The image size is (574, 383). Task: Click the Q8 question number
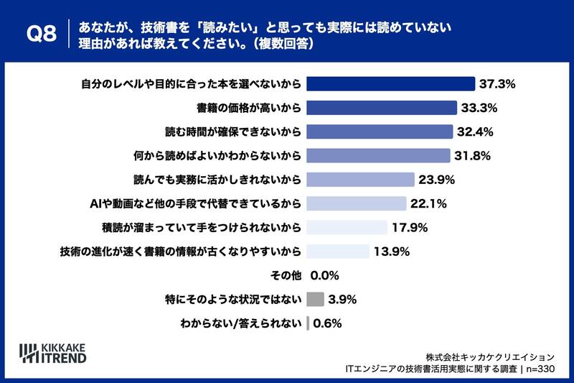(x=42, y=34)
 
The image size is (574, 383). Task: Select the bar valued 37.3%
(x=390, y=84)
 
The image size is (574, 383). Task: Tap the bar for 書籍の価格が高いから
(x=382, y=108)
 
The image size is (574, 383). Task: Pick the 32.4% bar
(x=380, y=131)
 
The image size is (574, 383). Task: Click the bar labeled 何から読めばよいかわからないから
(x=379, y=156)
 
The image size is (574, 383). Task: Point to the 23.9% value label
(x=437, y=180)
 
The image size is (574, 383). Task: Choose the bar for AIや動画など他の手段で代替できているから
(x=357, y=203)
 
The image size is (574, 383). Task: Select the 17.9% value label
(x=410, y=228)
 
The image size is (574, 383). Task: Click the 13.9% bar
(x=338, y=252)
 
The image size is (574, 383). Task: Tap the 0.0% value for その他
(x=325, y=275)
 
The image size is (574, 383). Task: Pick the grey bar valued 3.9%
(x=315, y=299)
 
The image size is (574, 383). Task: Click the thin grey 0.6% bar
(x=308, y=323)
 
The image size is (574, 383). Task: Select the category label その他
(x=286, y=275)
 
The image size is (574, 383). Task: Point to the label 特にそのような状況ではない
(x=233, y=300)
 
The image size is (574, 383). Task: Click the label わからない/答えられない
(x=241, y=323)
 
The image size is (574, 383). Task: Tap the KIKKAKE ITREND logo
(x=52, y=354)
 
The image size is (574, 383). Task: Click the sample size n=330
(x=540, y=369)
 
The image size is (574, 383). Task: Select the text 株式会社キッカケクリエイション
(x=490, y=357)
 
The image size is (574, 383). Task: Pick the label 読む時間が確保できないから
(x=233, y=132)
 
